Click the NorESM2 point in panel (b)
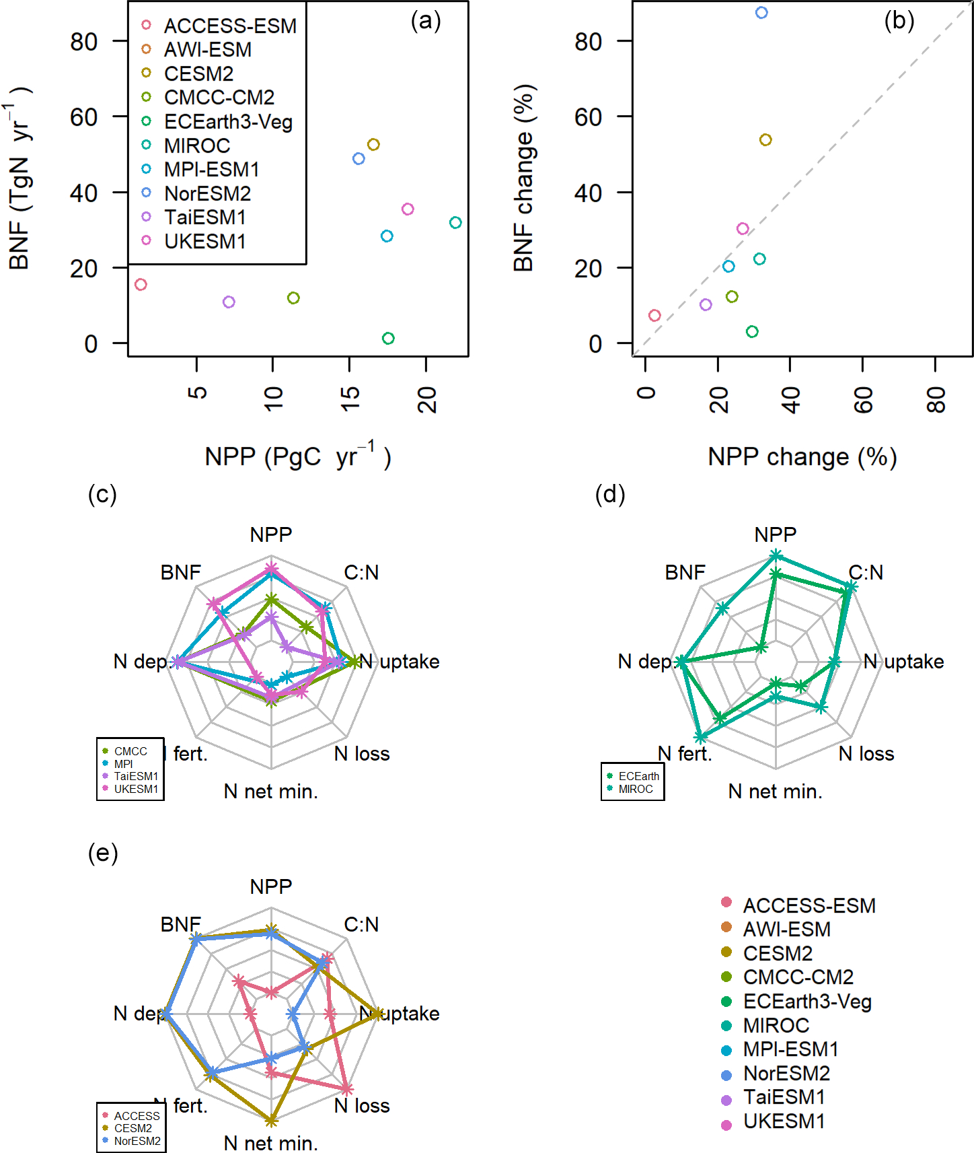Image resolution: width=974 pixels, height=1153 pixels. click(761, 13)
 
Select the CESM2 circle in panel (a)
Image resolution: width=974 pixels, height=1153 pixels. click(373, 145)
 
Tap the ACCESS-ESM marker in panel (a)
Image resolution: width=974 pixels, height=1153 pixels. click(141, 284)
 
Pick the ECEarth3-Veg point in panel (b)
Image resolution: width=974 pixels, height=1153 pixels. click(752, 331)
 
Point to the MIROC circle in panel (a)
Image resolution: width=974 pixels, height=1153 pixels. click(455, 223)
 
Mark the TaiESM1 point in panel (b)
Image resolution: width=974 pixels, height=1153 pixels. click(706, 305)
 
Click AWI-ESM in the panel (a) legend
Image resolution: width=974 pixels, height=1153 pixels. click(207, 50)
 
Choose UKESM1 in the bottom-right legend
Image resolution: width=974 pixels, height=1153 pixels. click(784, 1121)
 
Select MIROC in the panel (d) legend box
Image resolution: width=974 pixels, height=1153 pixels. click(635, 789)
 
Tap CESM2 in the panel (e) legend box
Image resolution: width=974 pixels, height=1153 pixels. click(133, 1128)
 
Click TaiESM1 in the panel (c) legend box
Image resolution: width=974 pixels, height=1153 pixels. click(136, 776)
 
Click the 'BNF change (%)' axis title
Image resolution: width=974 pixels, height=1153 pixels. click(523, 178)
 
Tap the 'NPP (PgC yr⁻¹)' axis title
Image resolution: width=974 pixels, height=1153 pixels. click(297, 456)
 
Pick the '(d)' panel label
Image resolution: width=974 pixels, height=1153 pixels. click(610, 495)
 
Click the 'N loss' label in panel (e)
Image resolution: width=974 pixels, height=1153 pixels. click(362, 1105)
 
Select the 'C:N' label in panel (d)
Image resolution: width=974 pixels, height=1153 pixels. click(866, 572)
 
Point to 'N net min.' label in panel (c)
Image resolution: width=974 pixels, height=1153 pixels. click(271, 791)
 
